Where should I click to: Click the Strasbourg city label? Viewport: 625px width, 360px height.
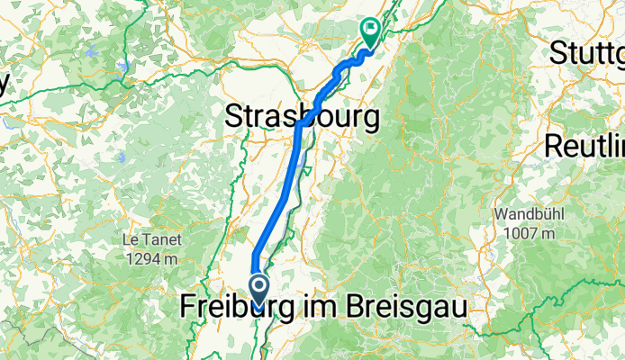301,116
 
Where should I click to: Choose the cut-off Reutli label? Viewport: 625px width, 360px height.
584,144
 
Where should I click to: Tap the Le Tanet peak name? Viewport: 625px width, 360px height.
151,241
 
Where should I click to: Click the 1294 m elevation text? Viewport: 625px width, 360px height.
151,258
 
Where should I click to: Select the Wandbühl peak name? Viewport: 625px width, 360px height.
528,216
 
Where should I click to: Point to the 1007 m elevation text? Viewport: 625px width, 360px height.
528,233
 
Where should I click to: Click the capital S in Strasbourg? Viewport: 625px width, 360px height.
232,117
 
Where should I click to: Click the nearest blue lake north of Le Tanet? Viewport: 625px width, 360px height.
121,158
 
